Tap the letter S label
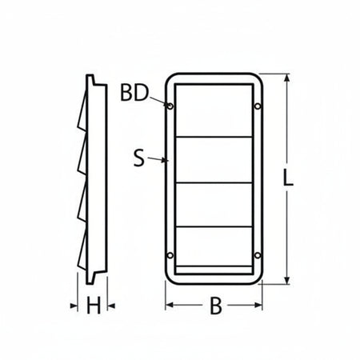[x=139, y=158]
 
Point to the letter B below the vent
[x=214, y=306]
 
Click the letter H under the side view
[x=94, y=305]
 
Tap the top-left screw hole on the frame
[x=170, y=105]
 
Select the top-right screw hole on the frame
[x=257, y=105]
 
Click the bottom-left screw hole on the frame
[x=170, y=255]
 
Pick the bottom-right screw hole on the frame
[x=257, y=255]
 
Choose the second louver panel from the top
[x=214, y=160]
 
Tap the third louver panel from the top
[x=214, y=205]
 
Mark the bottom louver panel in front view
[x=214, y=248]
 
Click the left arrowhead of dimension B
[x=167, y=305]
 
